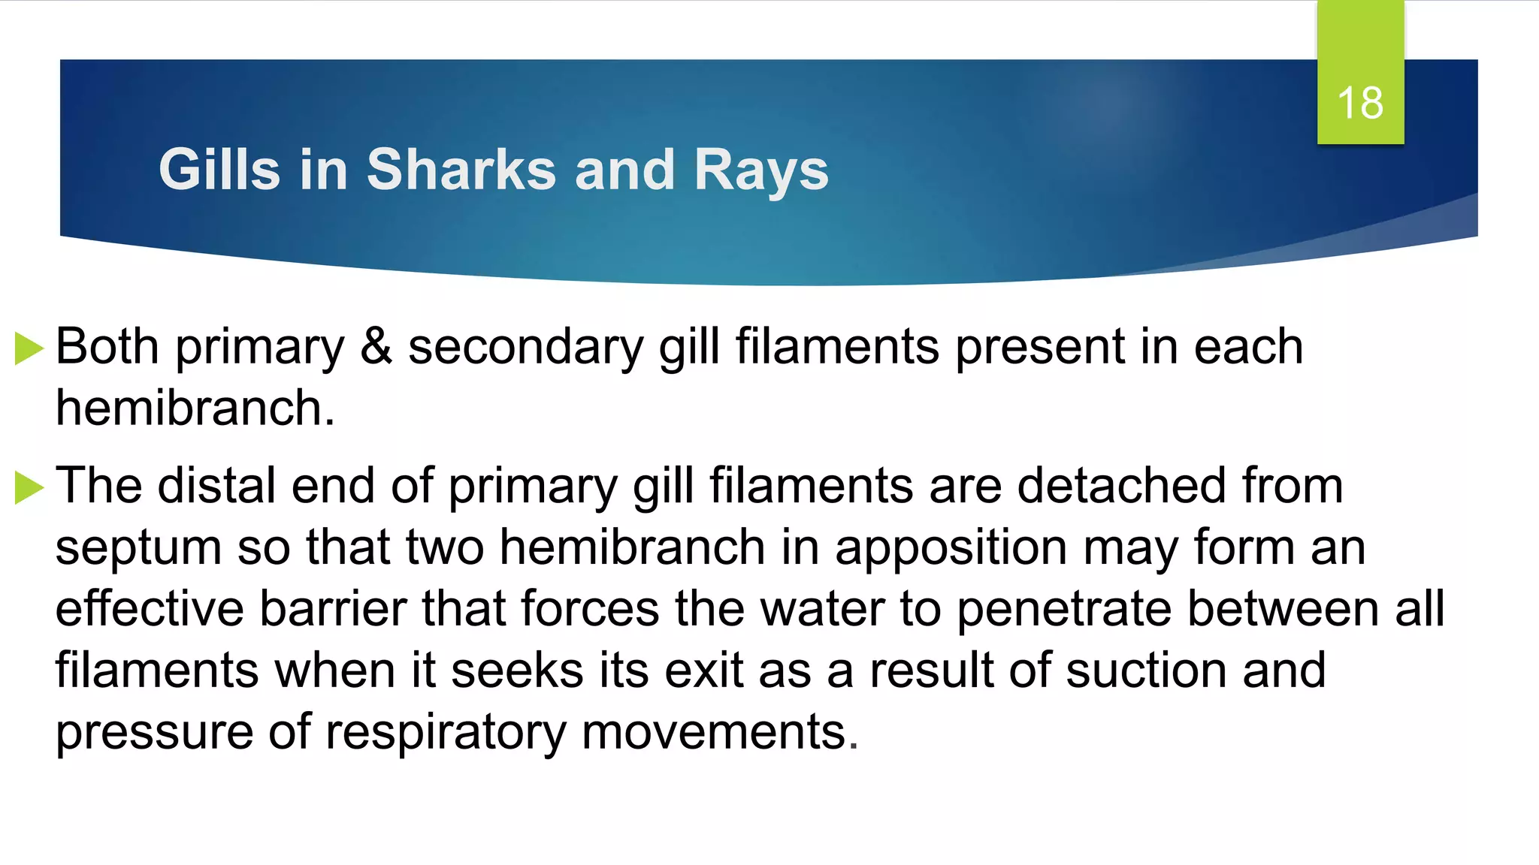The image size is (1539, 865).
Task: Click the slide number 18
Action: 1360,103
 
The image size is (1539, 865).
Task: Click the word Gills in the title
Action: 219,170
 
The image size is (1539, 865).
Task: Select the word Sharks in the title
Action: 461,170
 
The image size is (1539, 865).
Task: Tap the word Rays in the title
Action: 761,171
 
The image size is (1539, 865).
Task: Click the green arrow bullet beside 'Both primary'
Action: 29,349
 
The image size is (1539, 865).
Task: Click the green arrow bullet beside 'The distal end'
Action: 29,487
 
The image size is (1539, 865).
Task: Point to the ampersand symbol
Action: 376,347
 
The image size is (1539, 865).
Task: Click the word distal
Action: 216,485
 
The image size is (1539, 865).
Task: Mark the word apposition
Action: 951,548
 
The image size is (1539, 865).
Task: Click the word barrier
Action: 332,608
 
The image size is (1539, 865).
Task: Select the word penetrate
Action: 1063,610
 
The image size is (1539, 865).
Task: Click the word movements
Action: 719,731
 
